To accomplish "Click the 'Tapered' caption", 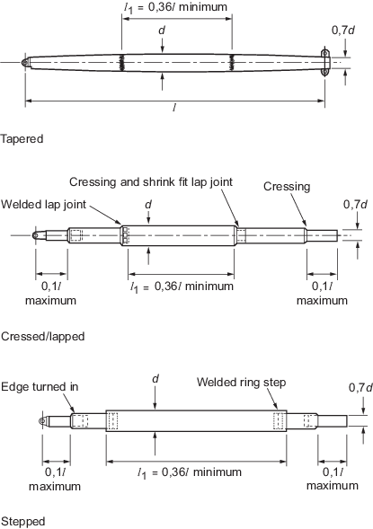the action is [22, 139].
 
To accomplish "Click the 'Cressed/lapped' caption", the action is [42, 337].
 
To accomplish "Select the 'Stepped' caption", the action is [22, 522].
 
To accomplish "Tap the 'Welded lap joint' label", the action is [43, 205].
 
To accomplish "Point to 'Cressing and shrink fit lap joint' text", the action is [151, 182].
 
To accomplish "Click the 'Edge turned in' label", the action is [40, 386].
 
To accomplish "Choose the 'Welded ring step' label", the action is [242, 383].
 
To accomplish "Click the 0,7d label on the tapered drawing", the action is [343, 31].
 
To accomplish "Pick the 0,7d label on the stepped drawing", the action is [360, 388].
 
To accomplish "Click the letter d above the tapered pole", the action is [162, 30].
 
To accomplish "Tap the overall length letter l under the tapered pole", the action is [174, 107].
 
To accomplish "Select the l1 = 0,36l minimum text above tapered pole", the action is [175, 7].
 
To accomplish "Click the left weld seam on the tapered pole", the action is [121, 63].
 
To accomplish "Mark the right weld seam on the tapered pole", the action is [232, 63].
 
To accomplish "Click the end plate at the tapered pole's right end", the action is [324, 63].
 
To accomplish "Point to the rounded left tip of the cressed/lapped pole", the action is [35, 235].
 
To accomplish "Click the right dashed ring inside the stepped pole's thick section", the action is [280, 421].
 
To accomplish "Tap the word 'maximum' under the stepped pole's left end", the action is [55, 487].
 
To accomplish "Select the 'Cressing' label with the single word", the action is [287, 187].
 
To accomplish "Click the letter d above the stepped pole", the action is [155, 378].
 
